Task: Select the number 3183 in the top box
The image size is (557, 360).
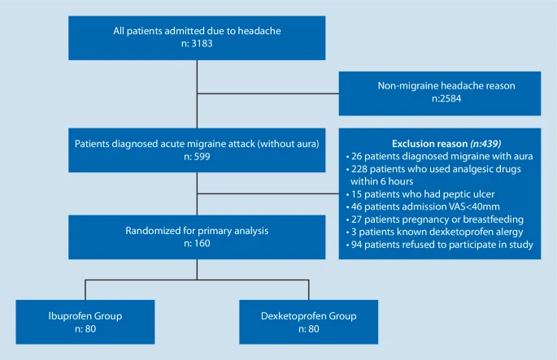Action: pyautogui.click(x=207, y=45)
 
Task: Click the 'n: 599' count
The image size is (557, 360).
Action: pyautogui.click(x=198, y=157)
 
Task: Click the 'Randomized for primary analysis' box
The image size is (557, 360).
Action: pyautogui.click(x=198, y=235)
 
